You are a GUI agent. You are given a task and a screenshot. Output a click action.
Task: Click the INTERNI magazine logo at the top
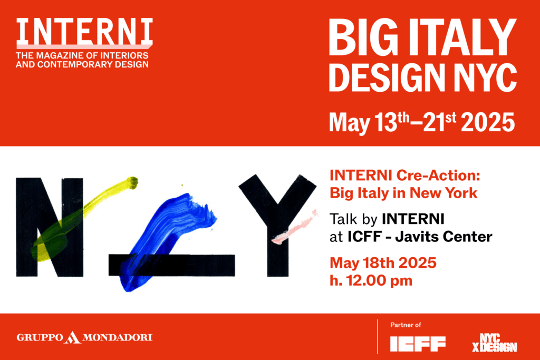pos(84,33)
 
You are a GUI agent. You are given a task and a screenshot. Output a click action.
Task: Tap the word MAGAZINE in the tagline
pos(65,55)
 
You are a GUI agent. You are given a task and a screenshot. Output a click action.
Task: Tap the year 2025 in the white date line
pos(488,122)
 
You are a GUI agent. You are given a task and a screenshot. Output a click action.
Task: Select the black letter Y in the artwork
pos(277,226)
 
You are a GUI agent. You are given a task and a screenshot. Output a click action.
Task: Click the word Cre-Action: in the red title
pos(438,176)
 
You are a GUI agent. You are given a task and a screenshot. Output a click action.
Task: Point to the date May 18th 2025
pos(383,264)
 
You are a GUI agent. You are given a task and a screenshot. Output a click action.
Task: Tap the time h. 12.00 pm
pos(371,281)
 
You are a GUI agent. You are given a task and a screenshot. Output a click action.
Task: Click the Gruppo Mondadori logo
pos(84,337)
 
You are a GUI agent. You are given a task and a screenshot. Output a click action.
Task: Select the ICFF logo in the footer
pos(418,344)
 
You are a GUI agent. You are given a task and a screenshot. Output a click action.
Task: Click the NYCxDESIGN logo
pos(495,343)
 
